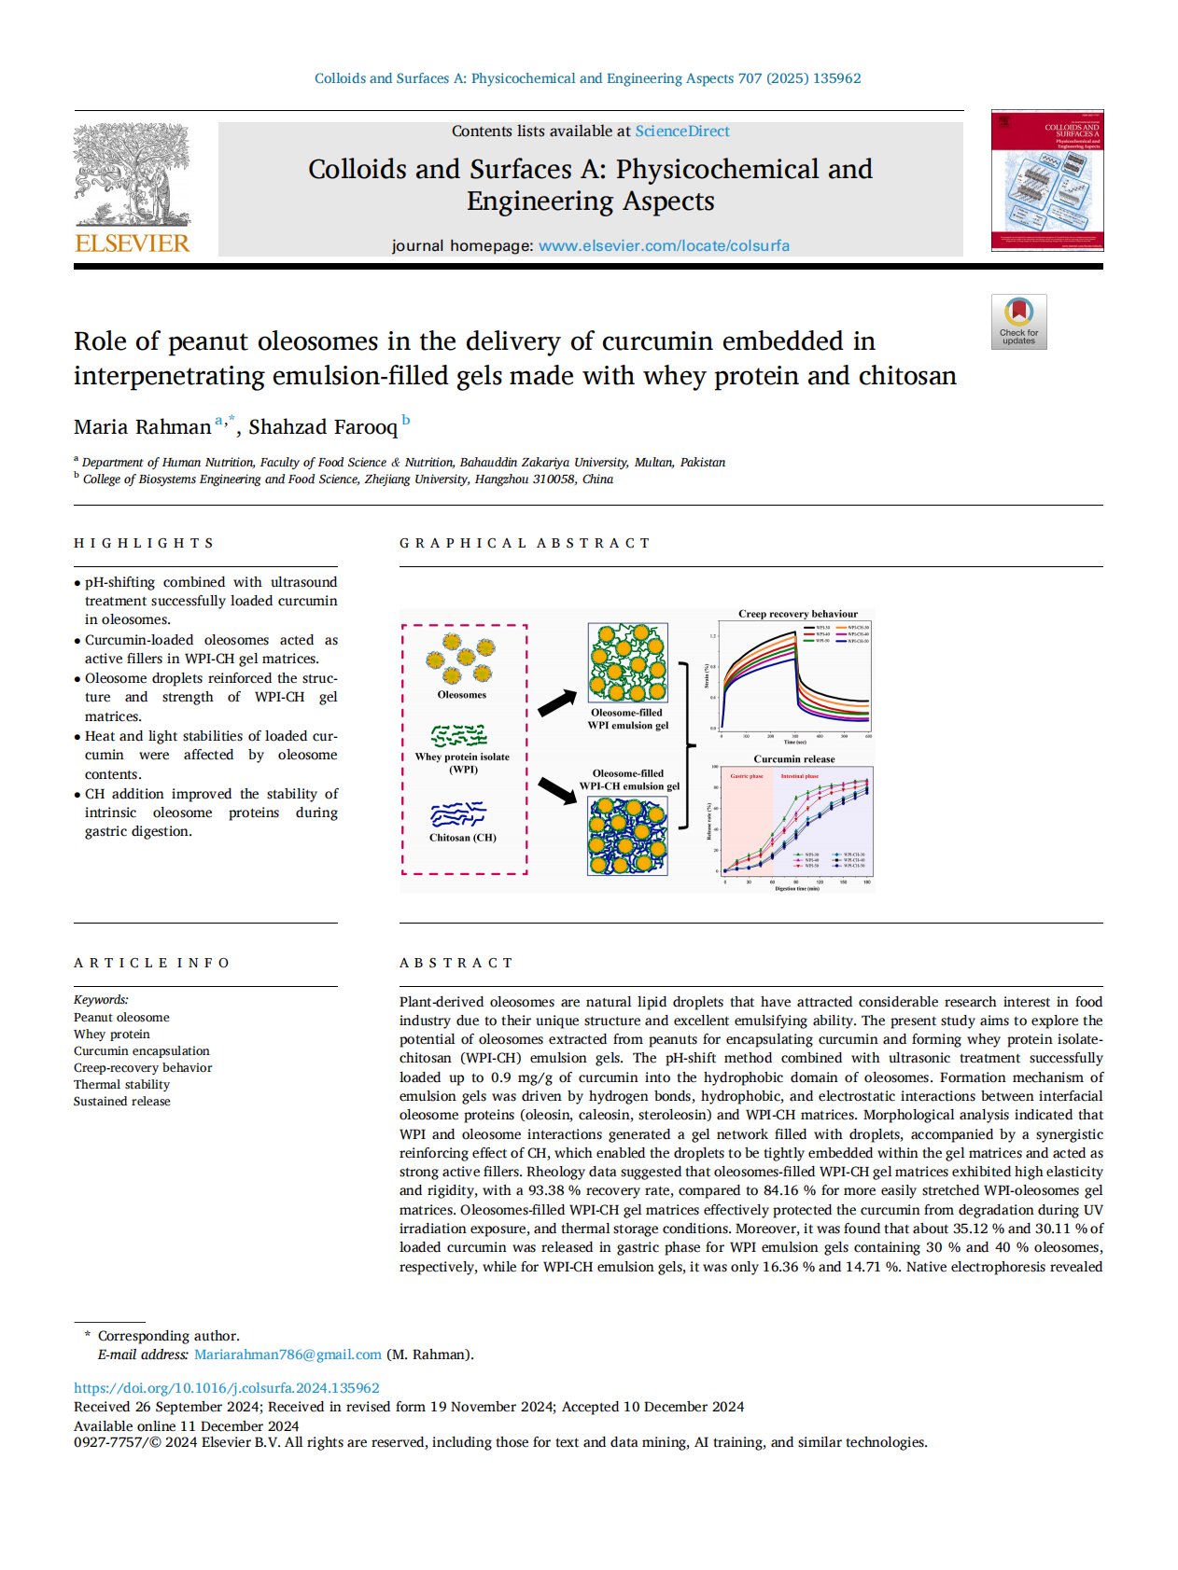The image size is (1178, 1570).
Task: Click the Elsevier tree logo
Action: click(x=132, y=177)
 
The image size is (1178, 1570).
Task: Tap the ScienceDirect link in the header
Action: click(x=682, y=132)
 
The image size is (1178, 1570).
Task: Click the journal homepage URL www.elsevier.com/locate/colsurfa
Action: click(x=664, y=246)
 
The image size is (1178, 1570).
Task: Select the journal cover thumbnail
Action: click(x=1046, y=181)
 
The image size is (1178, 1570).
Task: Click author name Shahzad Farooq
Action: click(x=323, y=427)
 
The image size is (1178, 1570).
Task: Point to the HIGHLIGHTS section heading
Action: click(x=145, y=543)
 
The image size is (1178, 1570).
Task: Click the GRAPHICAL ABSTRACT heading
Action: click(x=525, y=543)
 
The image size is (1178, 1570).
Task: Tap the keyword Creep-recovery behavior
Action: click(x=143, y=1068)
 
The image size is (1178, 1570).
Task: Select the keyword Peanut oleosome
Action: click(x=121, y=1018)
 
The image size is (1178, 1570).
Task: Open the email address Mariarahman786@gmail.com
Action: click(x=287, y=1355)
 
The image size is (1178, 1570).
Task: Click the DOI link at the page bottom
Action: click(x=227, y=1388)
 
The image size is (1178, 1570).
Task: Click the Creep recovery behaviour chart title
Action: click(x=797, y=614)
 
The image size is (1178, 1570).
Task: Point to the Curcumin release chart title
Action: click(x=793, y=759)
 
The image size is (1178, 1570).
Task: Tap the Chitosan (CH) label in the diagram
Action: click(x=462, y=838)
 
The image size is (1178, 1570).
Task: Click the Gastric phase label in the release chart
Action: click(x=747, y=776)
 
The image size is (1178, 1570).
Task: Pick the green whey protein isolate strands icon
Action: click(x=459, y=735)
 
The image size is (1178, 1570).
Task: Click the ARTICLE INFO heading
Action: click(x=152, y=963)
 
